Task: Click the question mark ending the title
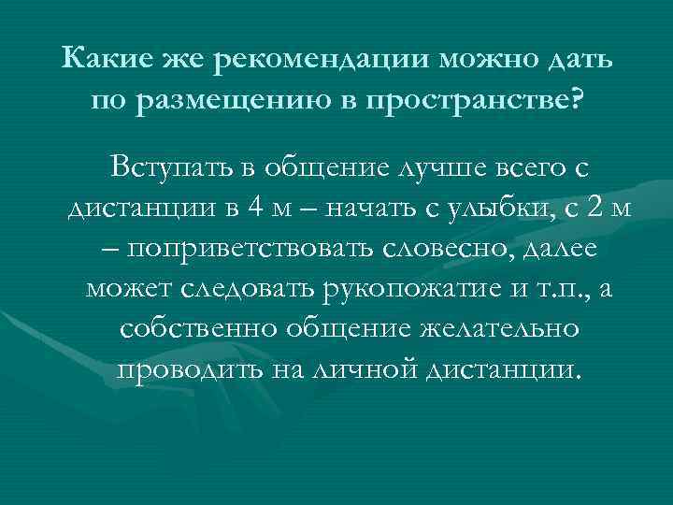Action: pyautogui.click(x=572, y=99)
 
